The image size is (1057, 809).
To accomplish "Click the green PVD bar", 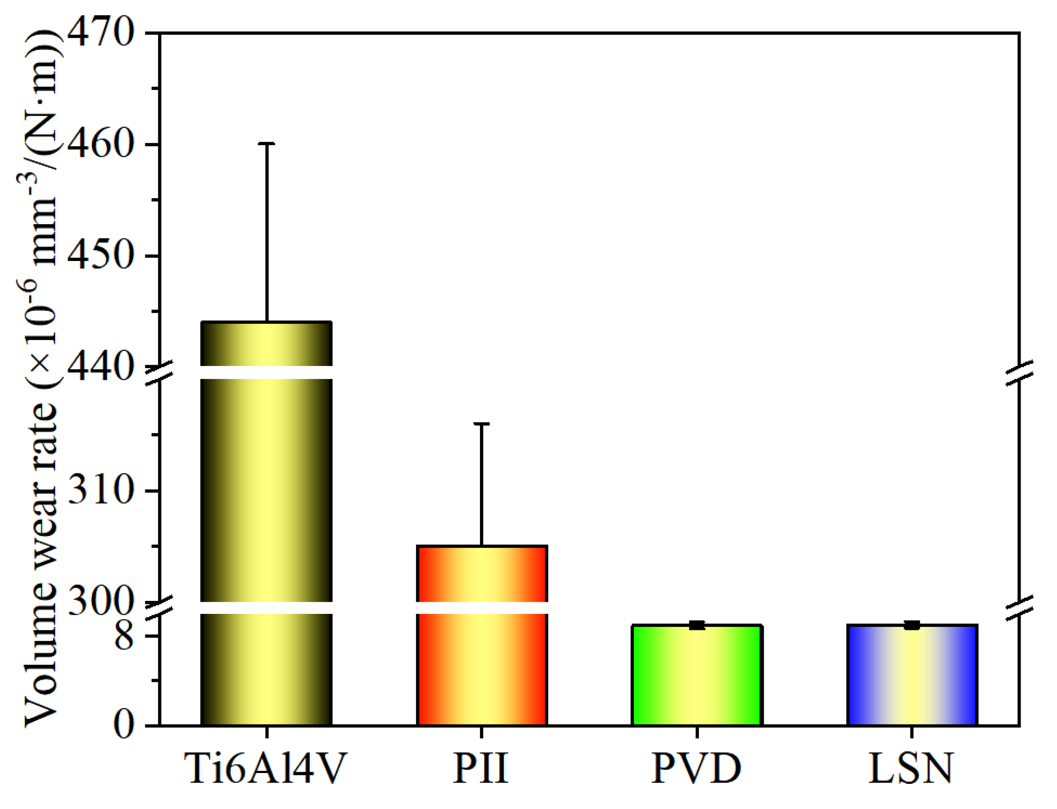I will [696, 675].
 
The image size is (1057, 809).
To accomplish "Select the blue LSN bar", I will [912, 675].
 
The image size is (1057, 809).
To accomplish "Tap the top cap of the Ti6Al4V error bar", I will [266, 144].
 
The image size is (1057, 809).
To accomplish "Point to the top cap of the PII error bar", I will [481, 424].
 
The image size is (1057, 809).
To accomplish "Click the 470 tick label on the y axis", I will [100, 33].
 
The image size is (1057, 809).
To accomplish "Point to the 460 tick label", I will [100, 144].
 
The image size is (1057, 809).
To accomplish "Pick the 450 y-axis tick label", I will [100, 255].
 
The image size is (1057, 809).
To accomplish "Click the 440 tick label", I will [100, 367].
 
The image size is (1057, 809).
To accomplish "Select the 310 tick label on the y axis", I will [100, 491].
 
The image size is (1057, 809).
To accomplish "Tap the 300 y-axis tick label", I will [100, 602].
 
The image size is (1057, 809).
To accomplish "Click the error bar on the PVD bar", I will [696, 625].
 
